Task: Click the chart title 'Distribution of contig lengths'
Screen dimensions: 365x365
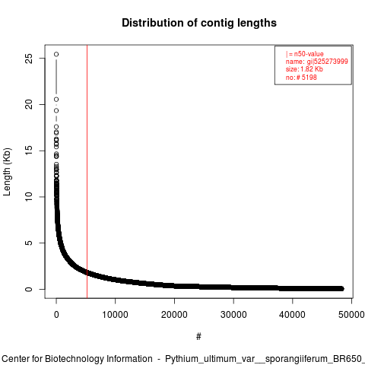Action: click(x=199, y=23)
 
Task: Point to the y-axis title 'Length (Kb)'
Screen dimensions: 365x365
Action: click(x=7, y=172)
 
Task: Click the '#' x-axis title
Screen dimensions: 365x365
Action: click(x=198, y=337)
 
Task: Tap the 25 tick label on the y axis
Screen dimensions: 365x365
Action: click(x=29, y=59)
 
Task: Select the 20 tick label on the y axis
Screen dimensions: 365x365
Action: click(x=29, y=104)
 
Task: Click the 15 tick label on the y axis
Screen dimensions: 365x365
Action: click(x=29, y=151)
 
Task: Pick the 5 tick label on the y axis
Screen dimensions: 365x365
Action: click(x=29, y=243)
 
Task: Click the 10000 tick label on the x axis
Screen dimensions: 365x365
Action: click(x=115, y=315)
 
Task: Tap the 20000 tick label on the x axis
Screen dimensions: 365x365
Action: click(x=174, y=315)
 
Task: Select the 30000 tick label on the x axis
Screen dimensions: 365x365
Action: click(x=233, y=315)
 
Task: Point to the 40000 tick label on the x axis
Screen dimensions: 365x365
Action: click(x=292, y=315)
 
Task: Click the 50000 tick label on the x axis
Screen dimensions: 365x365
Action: click(x=351, y=315)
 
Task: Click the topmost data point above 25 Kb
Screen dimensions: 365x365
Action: click(x=56, y=54)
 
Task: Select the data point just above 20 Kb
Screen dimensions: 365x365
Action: click(x=56, y=100)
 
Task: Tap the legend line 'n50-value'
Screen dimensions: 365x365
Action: click(x=305, y=54)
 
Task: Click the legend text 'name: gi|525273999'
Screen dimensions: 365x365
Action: click(x=317, y=62)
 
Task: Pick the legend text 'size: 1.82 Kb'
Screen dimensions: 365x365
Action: click(x=304, y=69)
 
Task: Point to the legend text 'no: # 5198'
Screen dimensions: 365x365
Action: click(x=301, y=78)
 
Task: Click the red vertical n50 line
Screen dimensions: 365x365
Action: click(x=87, y=172)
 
